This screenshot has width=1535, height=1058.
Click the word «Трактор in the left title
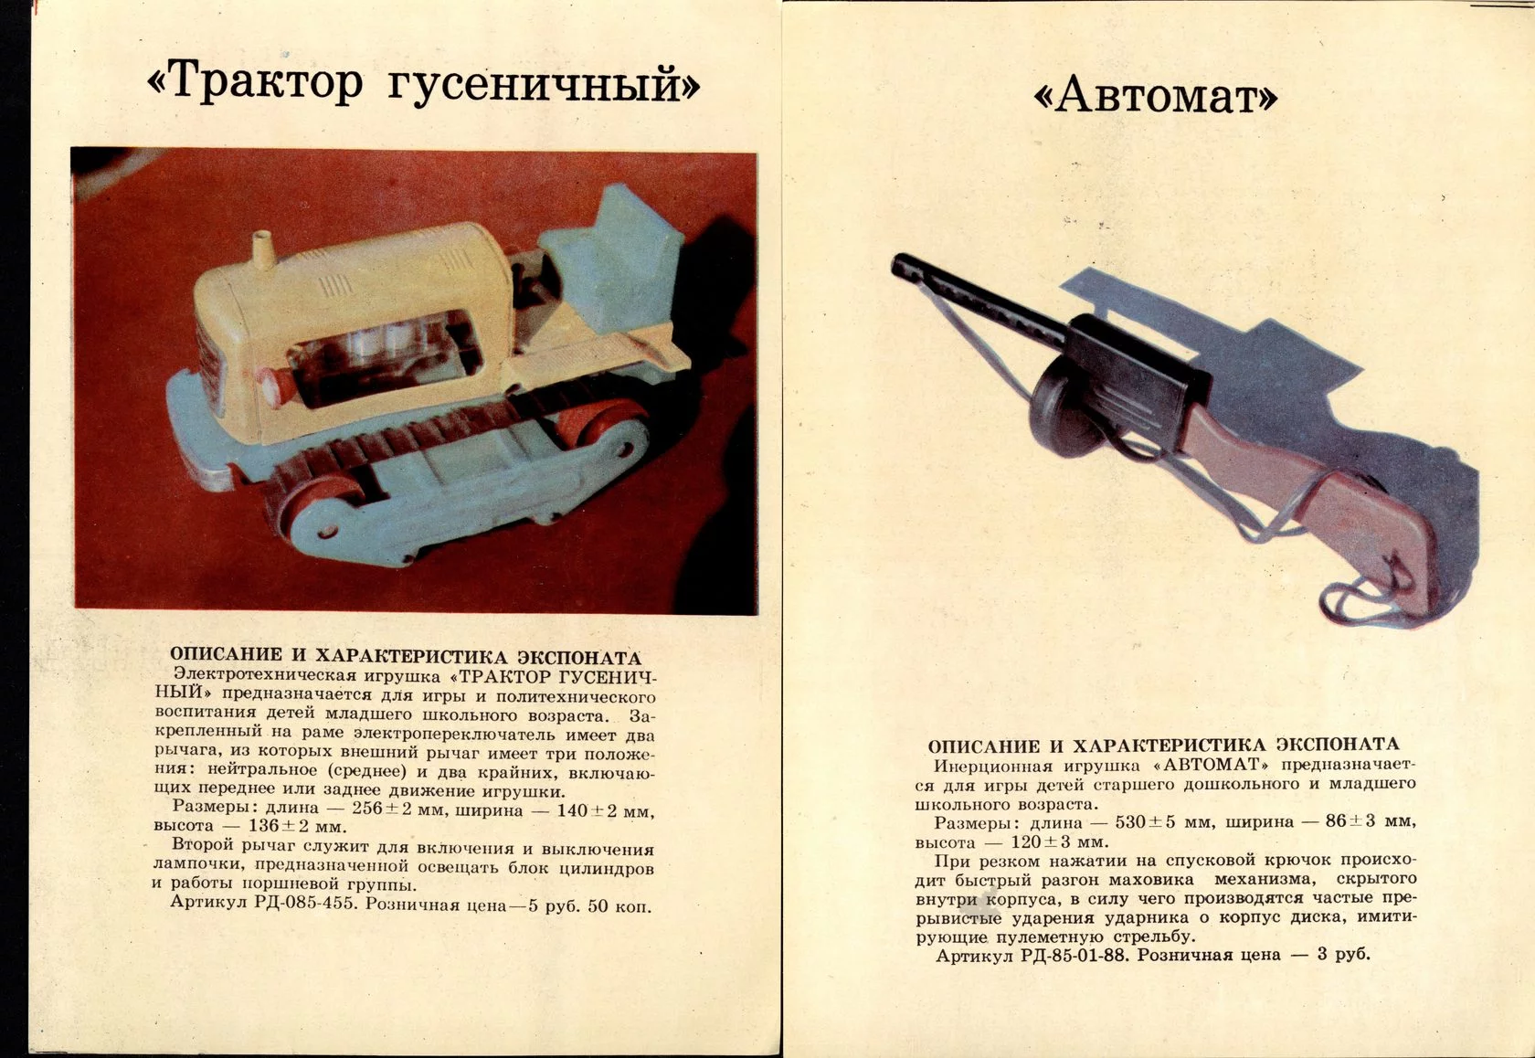[255, 82]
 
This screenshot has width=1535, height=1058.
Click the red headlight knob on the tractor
[272, 385]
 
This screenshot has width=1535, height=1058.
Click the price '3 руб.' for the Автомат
[1343, 955]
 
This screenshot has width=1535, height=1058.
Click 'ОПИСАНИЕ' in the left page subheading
[226, 655]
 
